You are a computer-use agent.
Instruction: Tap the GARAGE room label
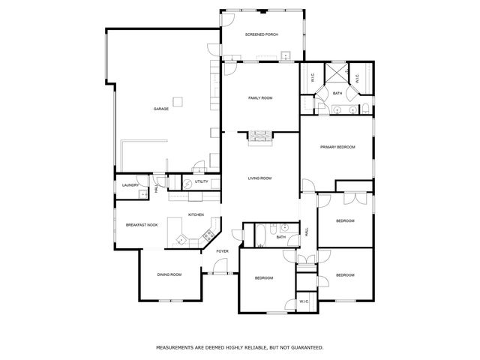pos(160,109)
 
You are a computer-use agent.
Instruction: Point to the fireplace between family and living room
pos(260,136)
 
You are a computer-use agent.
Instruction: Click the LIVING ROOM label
pos(260,178)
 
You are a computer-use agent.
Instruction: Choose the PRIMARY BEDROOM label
pos(337,147)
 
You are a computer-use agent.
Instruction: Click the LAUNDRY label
pos(130,184)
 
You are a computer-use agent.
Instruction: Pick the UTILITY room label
pos(202,181)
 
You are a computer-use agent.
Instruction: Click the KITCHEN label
pos(196,215)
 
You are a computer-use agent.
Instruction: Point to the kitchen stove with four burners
pos(181,240)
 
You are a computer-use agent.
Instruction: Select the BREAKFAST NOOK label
pos(141,225)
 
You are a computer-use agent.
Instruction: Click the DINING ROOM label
pos(169,275)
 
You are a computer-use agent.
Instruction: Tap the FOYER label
pos(223,251)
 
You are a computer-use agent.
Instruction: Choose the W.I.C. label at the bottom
pos(304,301)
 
